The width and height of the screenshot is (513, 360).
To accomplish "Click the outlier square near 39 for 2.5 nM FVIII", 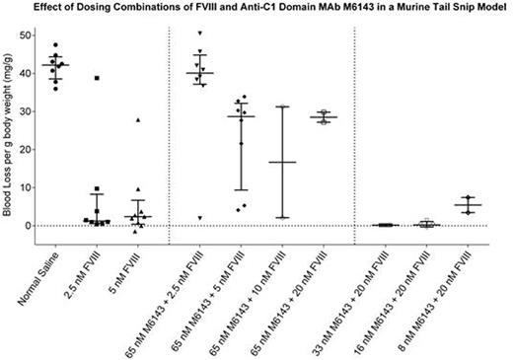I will coord(97,78).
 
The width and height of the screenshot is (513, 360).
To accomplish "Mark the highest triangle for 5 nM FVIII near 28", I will coord(139,120).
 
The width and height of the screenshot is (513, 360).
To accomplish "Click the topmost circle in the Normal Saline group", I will coord(55,45).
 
